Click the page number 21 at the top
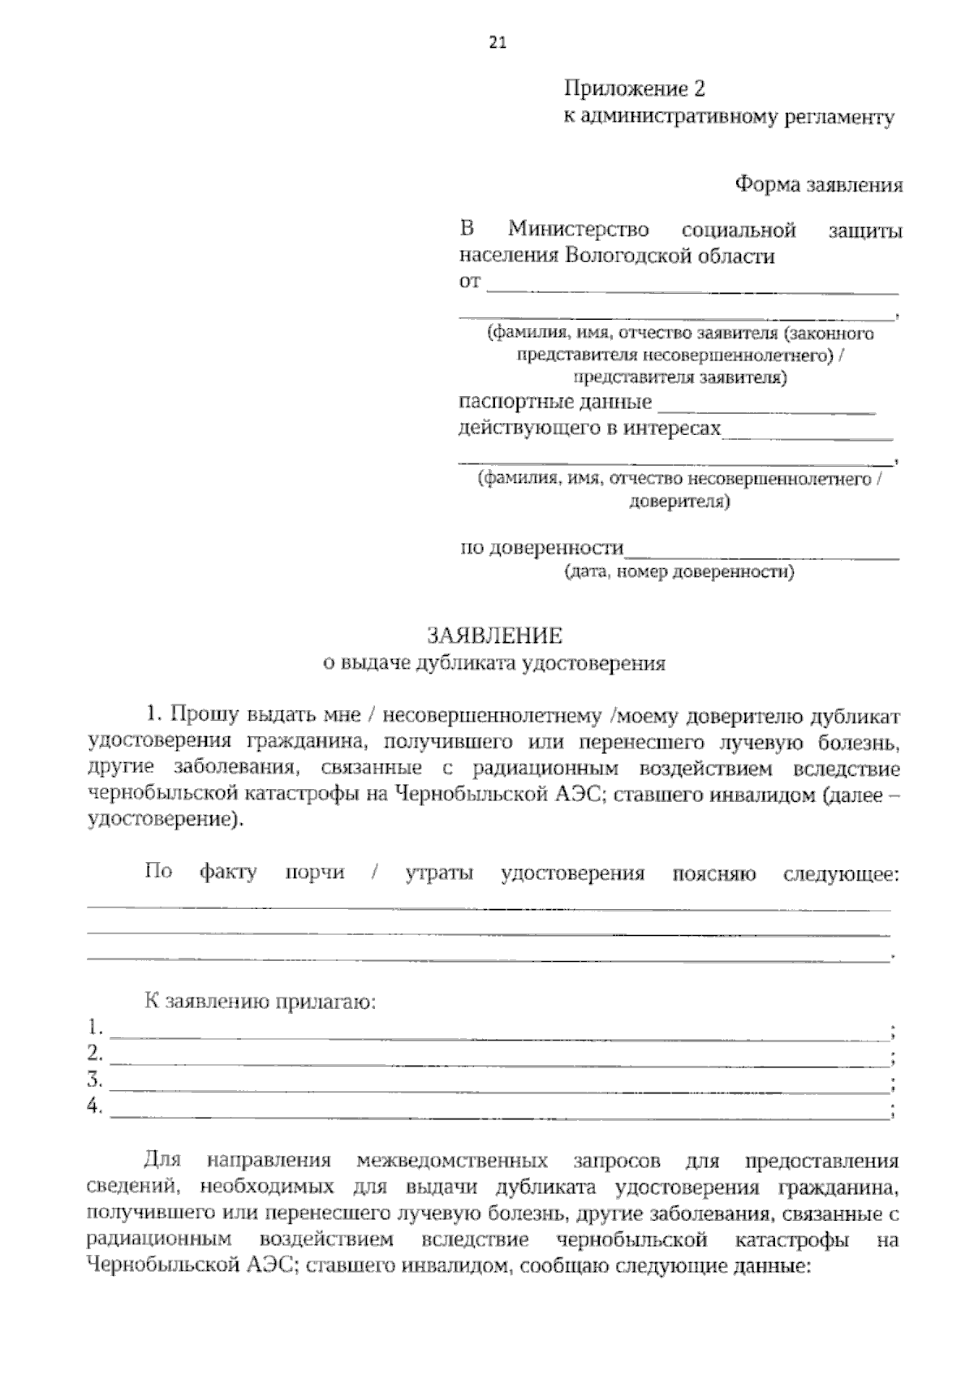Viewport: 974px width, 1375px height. coord(498,45)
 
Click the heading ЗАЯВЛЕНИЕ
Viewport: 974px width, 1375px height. coord(494,636)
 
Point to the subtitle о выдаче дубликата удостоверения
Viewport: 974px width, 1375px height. coord(494,663)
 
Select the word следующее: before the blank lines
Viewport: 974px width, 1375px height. coord(841,873)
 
